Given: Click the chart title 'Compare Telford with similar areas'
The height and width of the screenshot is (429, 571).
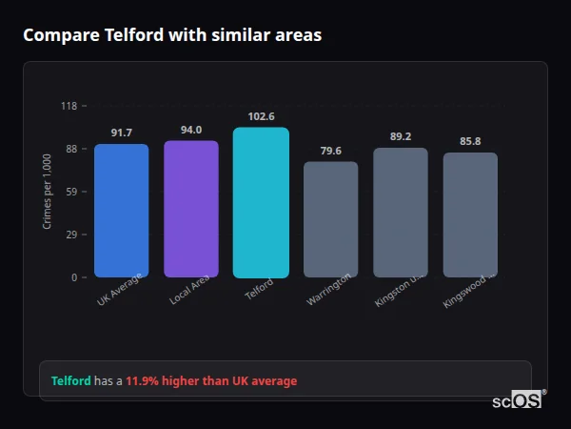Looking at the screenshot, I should point(172,35).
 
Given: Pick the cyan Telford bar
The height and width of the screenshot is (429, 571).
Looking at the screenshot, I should point(261,202).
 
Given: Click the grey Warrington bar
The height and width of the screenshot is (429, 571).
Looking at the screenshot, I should point(330,219).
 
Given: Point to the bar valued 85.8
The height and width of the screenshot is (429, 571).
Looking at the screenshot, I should point(470,214).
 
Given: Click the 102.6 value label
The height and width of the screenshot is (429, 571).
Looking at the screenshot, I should point(261,116).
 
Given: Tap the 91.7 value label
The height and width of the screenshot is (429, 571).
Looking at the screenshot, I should point(121,133).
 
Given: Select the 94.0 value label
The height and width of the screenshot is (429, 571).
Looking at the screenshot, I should point(191,130).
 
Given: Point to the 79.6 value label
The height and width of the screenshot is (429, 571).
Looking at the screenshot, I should point(330,151).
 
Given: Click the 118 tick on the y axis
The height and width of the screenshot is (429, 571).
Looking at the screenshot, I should point(69,106).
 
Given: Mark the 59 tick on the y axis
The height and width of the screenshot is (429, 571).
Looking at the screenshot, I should point(71,192).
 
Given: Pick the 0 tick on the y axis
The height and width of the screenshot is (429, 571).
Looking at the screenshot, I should point(74,277).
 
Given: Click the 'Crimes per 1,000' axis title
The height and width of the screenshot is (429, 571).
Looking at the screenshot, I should point(48,192).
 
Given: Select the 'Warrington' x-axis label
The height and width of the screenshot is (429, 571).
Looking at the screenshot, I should point(329,289).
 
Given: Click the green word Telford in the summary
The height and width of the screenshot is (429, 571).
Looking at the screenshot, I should point(70,380).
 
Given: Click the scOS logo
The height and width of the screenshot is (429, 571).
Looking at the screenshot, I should point(518,401).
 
